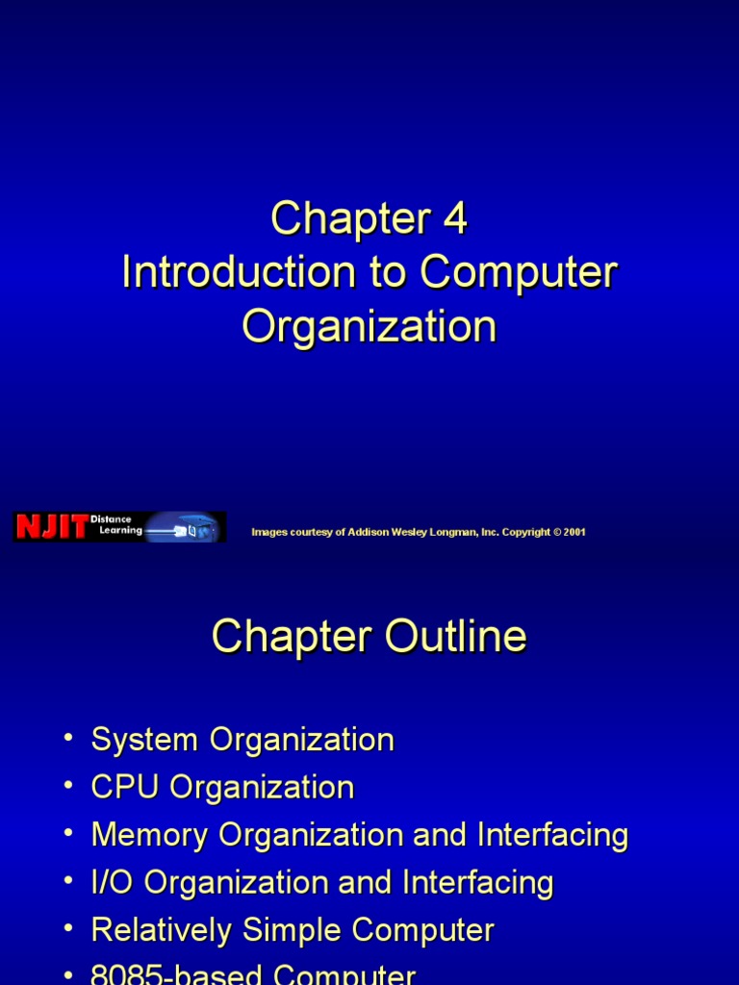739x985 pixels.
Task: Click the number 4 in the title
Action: [x=455, y=219]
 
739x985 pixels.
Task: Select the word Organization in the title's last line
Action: [x=369, y=327]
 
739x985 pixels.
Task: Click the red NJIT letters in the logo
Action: [x=51, y=527]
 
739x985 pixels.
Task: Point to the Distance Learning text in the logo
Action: [x=116, y=525]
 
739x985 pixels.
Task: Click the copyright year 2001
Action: [x=573, y=532]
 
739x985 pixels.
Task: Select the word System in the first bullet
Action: [x=145, y=740]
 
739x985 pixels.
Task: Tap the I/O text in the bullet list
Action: [x=113, y=882]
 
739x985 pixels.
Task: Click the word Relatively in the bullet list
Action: [x=162, y=930]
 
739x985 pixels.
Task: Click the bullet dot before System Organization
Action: [x=67, y=739]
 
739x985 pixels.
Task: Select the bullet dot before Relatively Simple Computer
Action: [x=67, y=929]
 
